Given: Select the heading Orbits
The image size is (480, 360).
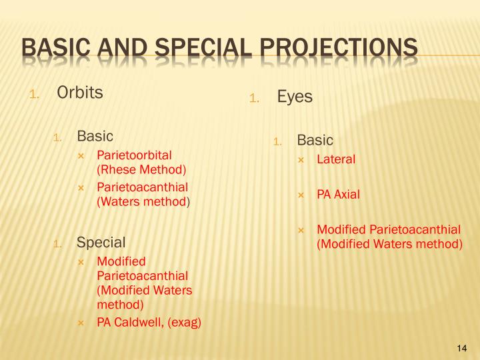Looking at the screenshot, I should [80, 93].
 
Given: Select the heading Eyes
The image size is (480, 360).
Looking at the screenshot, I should [295, 97].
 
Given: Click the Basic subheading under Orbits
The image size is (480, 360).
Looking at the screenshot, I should [95, 136].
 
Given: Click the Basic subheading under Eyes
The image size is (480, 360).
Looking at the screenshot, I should [315, 140].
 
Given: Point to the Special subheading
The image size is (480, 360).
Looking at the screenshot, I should [101, 241].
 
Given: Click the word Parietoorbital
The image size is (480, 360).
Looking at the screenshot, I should [134, 155].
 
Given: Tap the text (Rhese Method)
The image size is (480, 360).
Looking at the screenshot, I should [141, 169].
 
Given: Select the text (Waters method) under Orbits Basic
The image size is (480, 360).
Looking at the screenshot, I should [143, 201].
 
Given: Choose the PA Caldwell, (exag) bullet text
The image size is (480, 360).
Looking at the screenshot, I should [149, 323].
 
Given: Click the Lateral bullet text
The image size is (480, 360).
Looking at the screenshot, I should [336, 159].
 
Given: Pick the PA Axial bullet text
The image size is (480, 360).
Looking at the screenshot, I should [338, 195].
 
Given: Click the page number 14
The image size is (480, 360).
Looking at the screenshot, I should [463, 348].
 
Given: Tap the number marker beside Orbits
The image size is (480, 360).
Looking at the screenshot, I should [35, 94].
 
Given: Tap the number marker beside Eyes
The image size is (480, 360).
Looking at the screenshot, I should [254, 98].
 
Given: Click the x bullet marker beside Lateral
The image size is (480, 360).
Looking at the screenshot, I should [301, 160].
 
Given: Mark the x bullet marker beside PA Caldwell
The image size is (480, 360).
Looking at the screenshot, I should [81, 323].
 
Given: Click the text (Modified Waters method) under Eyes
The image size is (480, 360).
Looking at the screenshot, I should [389, 244].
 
